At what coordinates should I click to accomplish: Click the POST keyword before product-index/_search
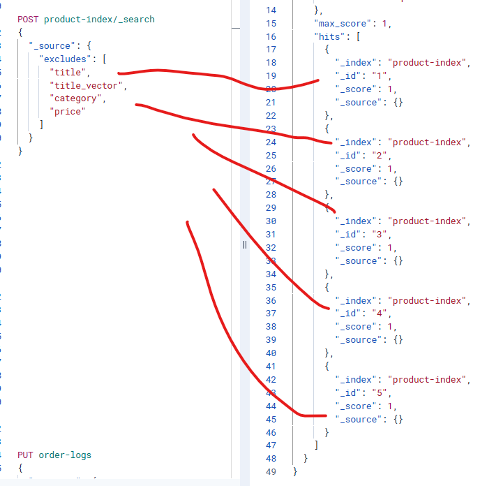pos(29,20)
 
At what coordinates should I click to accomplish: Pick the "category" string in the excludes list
pos(77,98)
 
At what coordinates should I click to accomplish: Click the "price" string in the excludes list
pos(69,112)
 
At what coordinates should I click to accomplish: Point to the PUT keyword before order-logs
pos(26,455)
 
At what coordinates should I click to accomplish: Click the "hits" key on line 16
pos(329,36)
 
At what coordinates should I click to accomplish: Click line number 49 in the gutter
pos(271,472)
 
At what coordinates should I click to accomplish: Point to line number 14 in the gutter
pos(271,10)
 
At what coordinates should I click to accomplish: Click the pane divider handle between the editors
pos(245,244)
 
